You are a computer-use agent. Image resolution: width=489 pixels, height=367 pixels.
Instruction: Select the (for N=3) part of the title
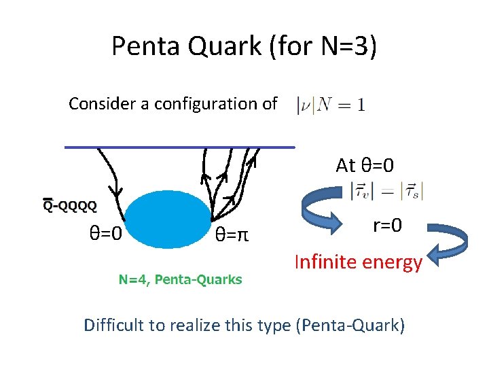(327, 46)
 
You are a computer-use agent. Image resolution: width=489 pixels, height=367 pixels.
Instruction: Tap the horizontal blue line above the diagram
(180, 146)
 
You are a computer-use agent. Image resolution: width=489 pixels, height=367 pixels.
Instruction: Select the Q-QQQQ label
(69, 205)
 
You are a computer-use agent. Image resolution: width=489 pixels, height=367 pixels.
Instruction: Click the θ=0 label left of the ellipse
(106, 234)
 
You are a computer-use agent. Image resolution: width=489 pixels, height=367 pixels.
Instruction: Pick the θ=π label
(232, 235)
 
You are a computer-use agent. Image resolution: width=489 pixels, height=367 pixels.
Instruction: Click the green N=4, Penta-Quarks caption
(181, 279)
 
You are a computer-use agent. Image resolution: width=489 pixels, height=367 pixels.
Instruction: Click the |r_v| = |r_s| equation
(386, 192)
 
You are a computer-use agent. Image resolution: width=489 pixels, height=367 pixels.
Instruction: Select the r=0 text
(388, 225)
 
